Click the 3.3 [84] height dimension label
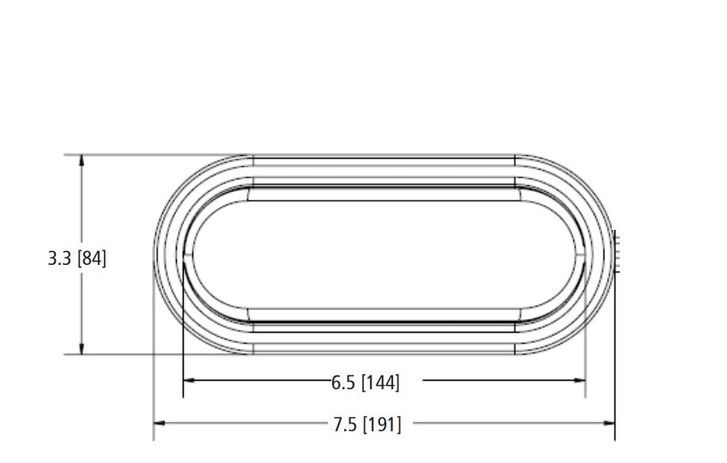77,258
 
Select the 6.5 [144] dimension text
366,383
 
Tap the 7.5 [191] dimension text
367,424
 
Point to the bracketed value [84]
92,258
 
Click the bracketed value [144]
380,383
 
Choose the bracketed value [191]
382,424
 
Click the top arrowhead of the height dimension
82,160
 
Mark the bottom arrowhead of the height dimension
82,349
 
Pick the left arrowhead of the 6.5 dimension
189,381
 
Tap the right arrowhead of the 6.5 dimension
579,381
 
